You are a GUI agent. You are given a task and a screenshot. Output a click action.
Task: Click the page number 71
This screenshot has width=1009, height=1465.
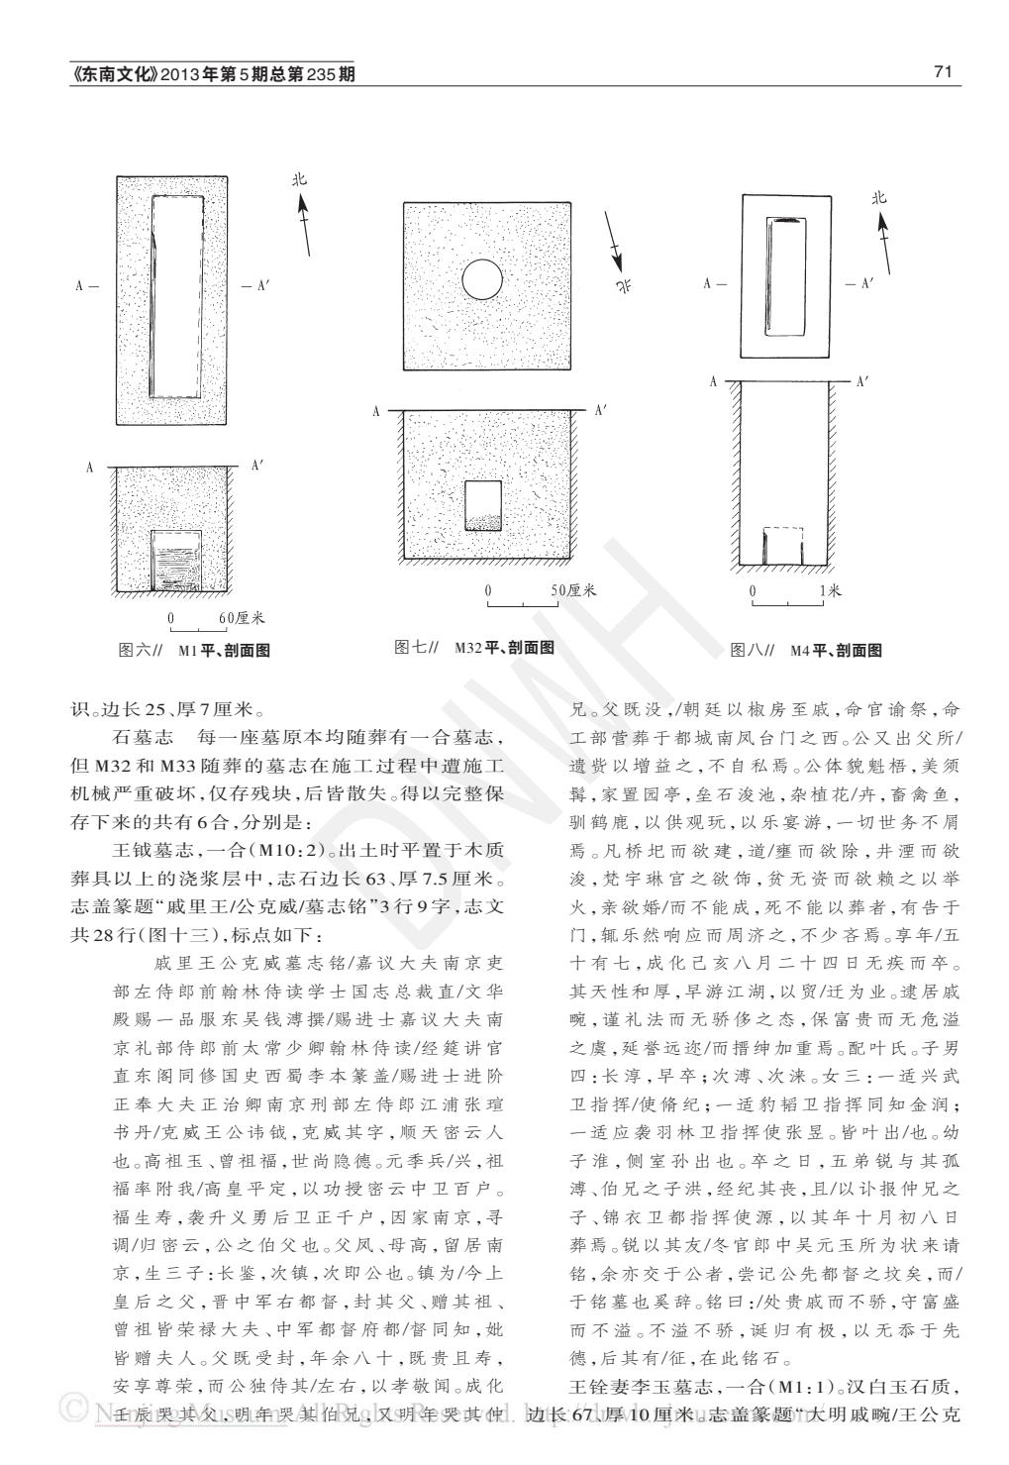[x=942, y=72]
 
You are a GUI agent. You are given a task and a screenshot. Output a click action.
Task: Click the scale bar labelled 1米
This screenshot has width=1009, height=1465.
[x=787, y=600]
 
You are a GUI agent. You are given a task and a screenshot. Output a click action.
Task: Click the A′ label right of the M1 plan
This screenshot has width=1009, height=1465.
[x=257, y=286]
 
